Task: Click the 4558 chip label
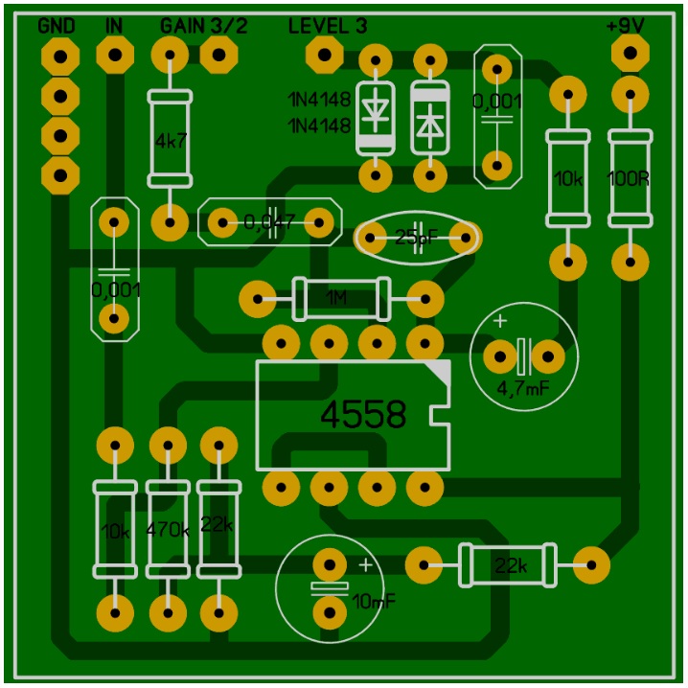[363, 415]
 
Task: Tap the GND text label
[57, 26]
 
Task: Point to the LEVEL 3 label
[327, 26]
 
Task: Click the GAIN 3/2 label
[203, 26]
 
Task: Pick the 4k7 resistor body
[171, 139]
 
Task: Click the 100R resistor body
[630, 178]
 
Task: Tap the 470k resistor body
[168, 528]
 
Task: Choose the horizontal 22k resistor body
[508, 564]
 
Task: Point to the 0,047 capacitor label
[269, 222]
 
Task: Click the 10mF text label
[373, 601]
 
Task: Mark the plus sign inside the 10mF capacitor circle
[365, 563]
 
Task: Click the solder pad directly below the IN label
[114, 57]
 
